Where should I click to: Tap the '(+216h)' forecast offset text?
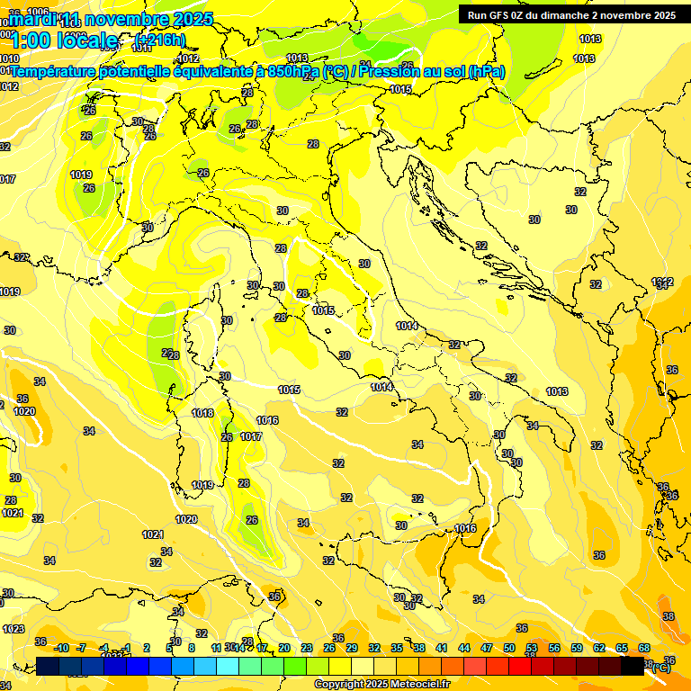(159, 40)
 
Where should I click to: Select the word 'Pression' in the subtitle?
(386, 71)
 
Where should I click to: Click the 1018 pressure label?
(202, 413)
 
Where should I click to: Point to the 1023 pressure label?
(13, 629)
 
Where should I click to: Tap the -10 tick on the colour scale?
(61, 648)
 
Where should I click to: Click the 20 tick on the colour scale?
(284, 648)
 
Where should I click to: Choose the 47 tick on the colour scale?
(487, 648)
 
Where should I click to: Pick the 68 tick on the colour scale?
(644, 648)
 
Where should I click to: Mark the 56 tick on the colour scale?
(554, 648)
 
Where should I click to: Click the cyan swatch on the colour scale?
(228, 666)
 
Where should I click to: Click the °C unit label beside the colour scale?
(662, 667)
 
